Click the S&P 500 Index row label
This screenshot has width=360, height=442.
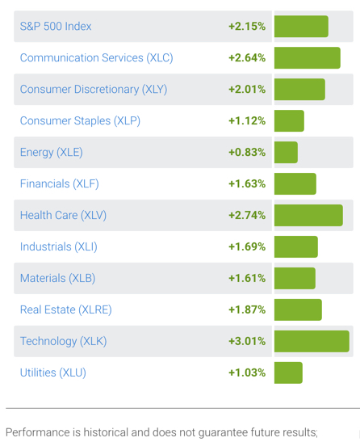[x=56, y=27]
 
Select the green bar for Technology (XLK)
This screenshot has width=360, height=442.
[x=312, y=341]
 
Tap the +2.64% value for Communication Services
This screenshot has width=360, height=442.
[x=247, y=58]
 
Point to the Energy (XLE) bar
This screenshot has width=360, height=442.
[x=286, y=153]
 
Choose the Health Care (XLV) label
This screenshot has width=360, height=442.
[x=63, y=216]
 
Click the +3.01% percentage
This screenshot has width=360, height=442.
[x=247, y=341]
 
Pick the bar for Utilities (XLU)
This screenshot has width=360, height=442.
[x=288, y=373]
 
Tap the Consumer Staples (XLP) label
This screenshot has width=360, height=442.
[x=80, y=121]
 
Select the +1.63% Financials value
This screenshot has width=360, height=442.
[x=247, y=184]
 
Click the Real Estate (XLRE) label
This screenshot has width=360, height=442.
[x=65, y=309]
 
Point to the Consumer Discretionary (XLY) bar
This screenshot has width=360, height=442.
[x=299, y=90]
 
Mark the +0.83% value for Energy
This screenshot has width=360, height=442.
[x=247, y=153]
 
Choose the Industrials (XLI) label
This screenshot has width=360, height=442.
[x=57, y=247]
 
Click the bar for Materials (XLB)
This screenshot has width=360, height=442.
[x=295, y=278]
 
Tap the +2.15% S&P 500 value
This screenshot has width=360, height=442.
[x=247, y=27]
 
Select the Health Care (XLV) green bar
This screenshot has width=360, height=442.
[x=308, y=216]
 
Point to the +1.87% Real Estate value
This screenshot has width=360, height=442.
[x=247, y=309]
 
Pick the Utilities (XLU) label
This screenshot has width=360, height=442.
[x=52, y=373]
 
